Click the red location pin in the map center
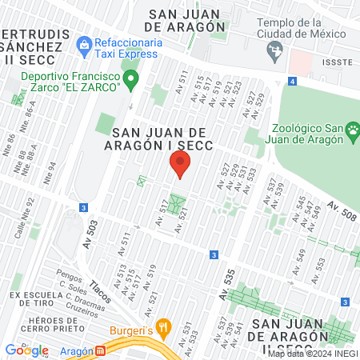[180, 166]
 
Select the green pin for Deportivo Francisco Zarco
[134, 78]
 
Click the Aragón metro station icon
[100, 350]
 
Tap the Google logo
[26, 350]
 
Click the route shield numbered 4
[294, 82]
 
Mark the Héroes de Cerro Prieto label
[38, 321]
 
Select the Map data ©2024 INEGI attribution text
[312, 353]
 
